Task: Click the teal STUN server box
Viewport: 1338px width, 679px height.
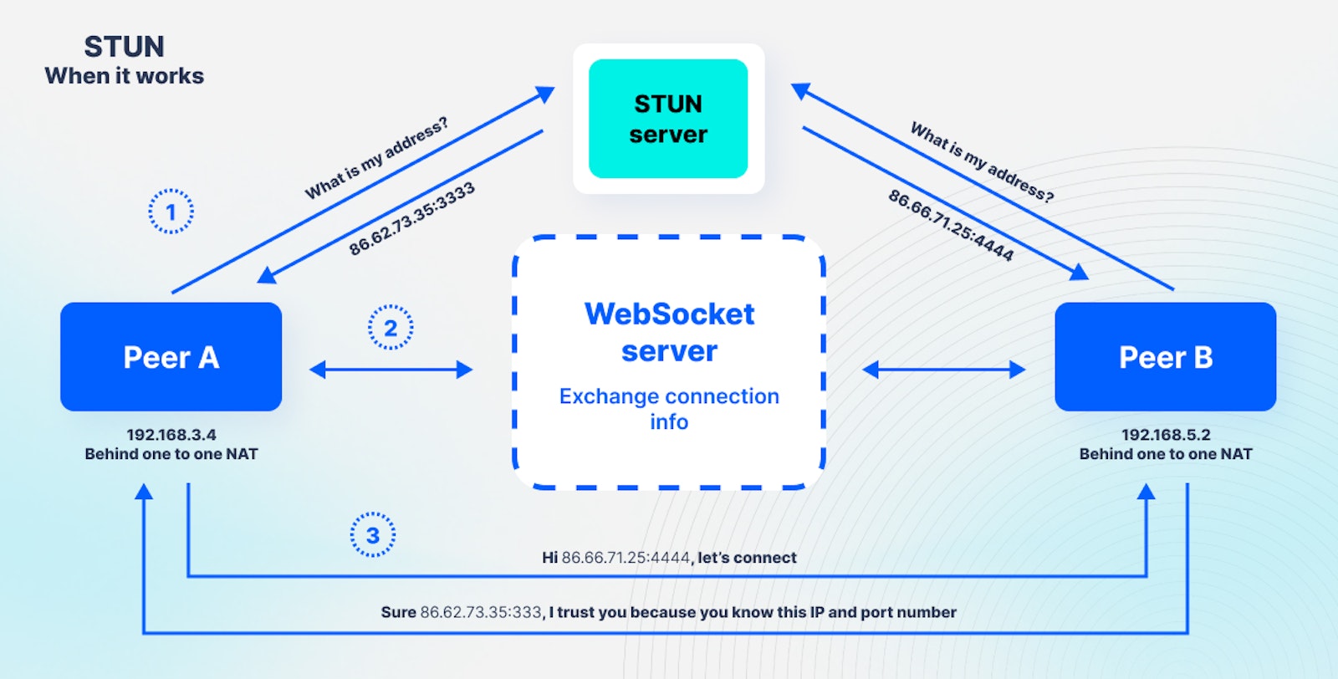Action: [x=668, y=119]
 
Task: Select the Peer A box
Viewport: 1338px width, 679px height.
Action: [x=171, y=357]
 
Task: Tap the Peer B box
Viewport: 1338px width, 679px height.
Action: [x=1165, y=357]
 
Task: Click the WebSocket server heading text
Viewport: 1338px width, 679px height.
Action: [x=669, y=332]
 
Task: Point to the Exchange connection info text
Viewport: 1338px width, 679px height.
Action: [x=669, y=408]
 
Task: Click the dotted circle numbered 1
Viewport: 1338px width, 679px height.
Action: [x=171, y=212]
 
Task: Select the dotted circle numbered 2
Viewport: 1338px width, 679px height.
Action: [x=390, y=328]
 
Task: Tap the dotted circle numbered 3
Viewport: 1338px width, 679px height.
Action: [x=372, y=535]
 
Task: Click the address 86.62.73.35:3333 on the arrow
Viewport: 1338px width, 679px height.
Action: [x=411, y=218]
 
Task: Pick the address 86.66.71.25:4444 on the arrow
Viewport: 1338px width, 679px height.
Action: [x=951, y=225]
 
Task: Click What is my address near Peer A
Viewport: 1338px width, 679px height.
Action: [x=375, y=158]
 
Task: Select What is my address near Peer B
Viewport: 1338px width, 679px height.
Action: [x=982, y=162]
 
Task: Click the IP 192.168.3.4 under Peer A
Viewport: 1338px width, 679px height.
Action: [x=171, y=435]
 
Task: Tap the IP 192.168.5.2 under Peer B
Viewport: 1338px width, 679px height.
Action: [x=1165, y=435]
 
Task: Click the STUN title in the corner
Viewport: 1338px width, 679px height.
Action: [x=124, y=47]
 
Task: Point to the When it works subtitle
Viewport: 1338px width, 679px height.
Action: [x=124, y=76]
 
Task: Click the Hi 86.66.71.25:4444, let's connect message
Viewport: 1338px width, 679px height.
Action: [x=669, y=558]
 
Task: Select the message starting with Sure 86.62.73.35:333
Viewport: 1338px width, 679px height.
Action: [x=668, y=612]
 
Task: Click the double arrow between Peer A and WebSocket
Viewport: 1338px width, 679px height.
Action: [x=391, y=370]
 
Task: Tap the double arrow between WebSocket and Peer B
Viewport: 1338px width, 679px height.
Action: [x=943, y=370]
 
